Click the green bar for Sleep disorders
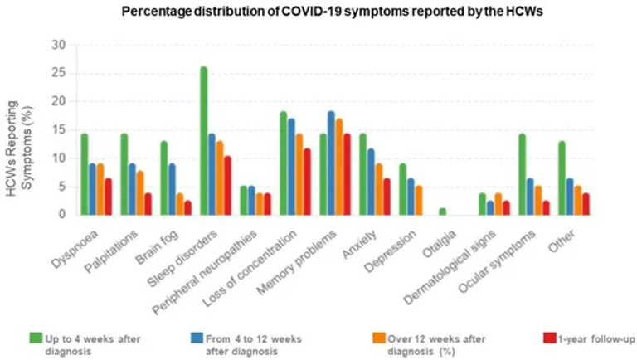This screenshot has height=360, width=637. click(x=203, y=141)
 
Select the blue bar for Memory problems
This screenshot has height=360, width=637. click(x=332, y=163)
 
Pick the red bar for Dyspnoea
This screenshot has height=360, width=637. click(x=109, y=197)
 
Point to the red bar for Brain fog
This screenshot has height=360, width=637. click(x=188, y=207)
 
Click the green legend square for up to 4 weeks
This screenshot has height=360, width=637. click(x=35, y=338)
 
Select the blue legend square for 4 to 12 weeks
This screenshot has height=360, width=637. click(x=197, y=338)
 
